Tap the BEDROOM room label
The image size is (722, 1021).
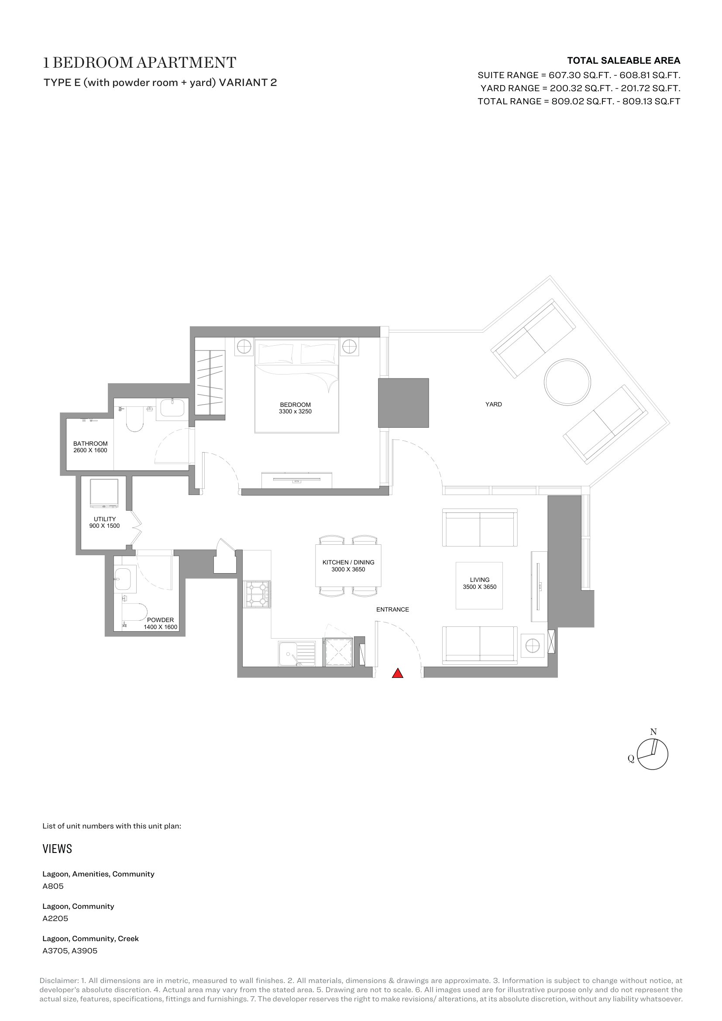coord(295,405)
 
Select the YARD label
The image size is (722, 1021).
coord(494,404)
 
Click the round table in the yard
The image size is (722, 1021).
coord(567,382)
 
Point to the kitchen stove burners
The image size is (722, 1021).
coord(257,595)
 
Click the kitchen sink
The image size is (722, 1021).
coord(297,654)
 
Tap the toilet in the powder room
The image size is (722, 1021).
coord(134,612)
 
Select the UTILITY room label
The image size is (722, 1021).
coord(104,519)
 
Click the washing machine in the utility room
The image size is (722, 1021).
coord(104,493)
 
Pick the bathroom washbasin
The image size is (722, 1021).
coord(172,408)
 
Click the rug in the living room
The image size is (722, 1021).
coord(479,585)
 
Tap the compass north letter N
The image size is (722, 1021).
coord(653,732)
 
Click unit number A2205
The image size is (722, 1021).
coord(55,918)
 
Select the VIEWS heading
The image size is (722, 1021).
coord(57,849)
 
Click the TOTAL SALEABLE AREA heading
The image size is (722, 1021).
coord(624,61)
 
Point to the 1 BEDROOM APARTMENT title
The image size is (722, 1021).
coord(139,63)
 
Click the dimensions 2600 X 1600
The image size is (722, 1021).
coord(90,450)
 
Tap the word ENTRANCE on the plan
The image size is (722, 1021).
coord(392,609)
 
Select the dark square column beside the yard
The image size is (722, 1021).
coord(403,403)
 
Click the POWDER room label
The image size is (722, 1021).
coord(161,620)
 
